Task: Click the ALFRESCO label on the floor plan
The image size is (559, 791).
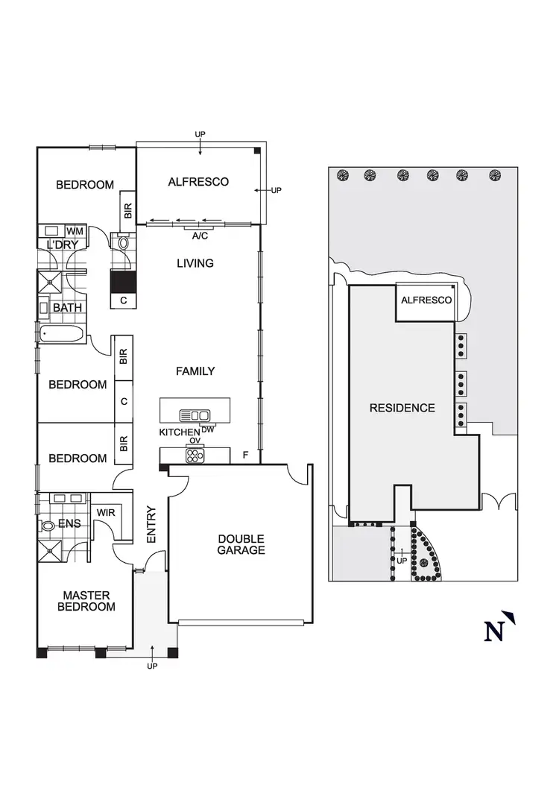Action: pos(198,182)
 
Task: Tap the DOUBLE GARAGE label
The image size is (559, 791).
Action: pos(241,544)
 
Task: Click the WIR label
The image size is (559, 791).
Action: pos(105,513)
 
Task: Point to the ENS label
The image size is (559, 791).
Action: pos(69,523)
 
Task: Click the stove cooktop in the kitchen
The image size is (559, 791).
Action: pos(195,456)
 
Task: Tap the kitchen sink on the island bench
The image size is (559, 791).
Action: pos(195,415)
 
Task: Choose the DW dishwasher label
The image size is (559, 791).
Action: pos(207,429)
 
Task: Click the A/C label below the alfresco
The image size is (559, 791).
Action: pos(200,236)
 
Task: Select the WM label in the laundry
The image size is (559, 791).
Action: pos(75,231)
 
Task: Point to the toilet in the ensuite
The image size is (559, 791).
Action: pos(49,526)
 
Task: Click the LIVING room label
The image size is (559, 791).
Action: pos(195,263)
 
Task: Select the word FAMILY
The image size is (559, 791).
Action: pos(195,371)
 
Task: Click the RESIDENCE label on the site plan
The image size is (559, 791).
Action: pos(402,408)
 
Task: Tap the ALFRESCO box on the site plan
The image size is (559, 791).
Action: pos(426,300)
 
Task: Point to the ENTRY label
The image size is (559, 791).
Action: pos(151,525)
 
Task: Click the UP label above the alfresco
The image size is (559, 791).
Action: pos(200,134)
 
